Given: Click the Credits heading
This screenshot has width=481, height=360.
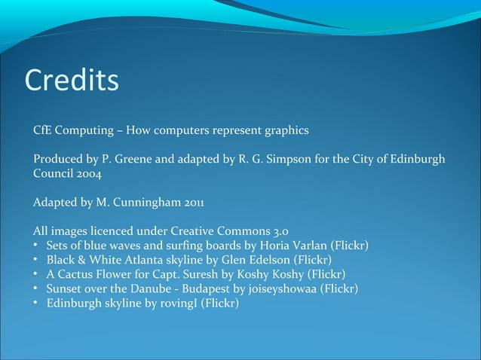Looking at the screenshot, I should (x=72, y=81).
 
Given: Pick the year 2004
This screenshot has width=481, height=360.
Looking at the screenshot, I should (x=87, y=173).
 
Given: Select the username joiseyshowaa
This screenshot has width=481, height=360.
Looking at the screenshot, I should (x=278, y=288).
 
